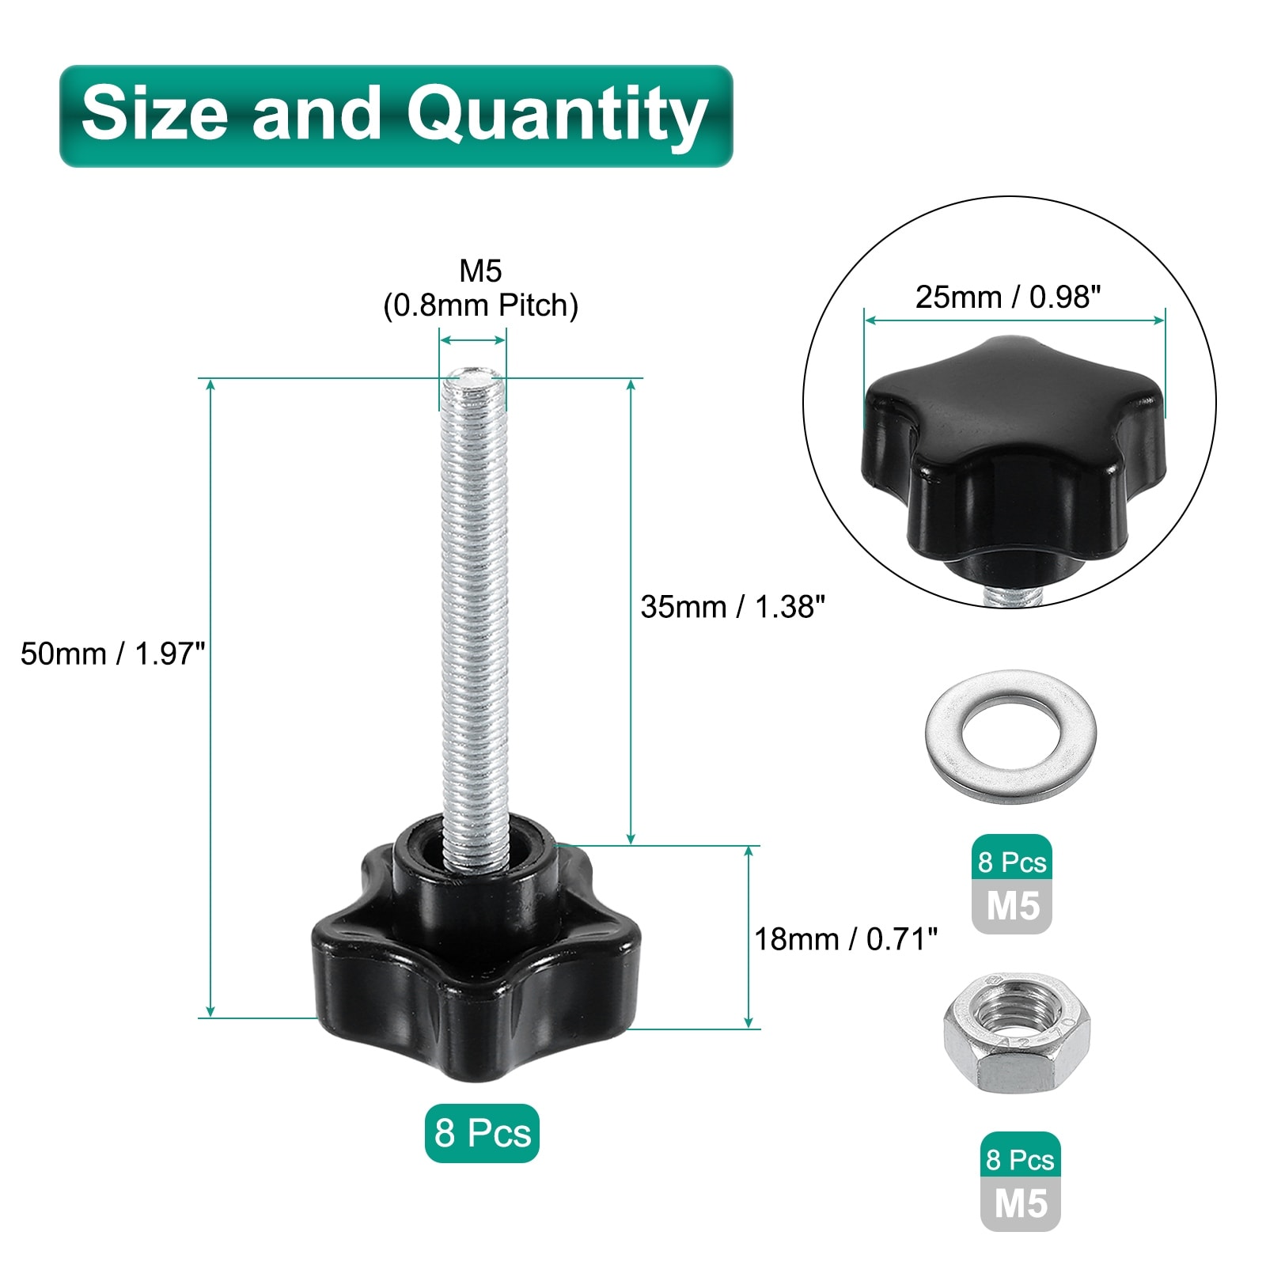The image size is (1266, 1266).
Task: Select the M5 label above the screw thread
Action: pyautogui.click(x=480, y=271)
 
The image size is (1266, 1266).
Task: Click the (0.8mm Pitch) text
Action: pyautogui.click(x=480, y=305)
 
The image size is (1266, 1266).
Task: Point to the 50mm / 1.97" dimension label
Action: pyautogui.click(x=112, y=654)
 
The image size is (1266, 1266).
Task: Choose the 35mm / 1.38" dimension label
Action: pyautogui.click(x=733, y=607)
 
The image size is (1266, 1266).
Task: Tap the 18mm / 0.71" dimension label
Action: pyautogui.click(x=846, y=939)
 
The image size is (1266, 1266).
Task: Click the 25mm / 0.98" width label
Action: pyautogui.click(x=1008, y=298)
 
